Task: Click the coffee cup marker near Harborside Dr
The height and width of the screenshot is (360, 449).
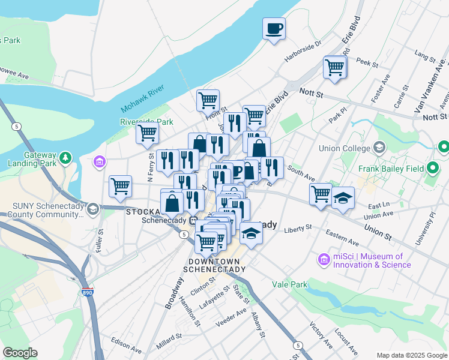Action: click(x=274, y=29)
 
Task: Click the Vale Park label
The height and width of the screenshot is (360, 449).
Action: click(x=289, y=284)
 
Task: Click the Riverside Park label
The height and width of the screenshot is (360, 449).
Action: click(x=146, y=121)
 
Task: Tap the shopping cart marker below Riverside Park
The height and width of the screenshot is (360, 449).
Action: click(x=147, y=134)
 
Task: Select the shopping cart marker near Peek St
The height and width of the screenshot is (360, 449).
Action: click(x=335, y=67)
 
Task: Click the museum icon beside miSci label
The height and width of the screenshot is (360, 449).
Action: click(x=324, y=260)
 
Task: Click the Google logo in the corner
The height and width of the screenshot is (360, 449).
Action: click(x=20, y=353)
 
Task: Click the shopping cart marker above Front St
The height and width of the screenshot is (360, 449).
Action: click(x=208, y=100)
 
